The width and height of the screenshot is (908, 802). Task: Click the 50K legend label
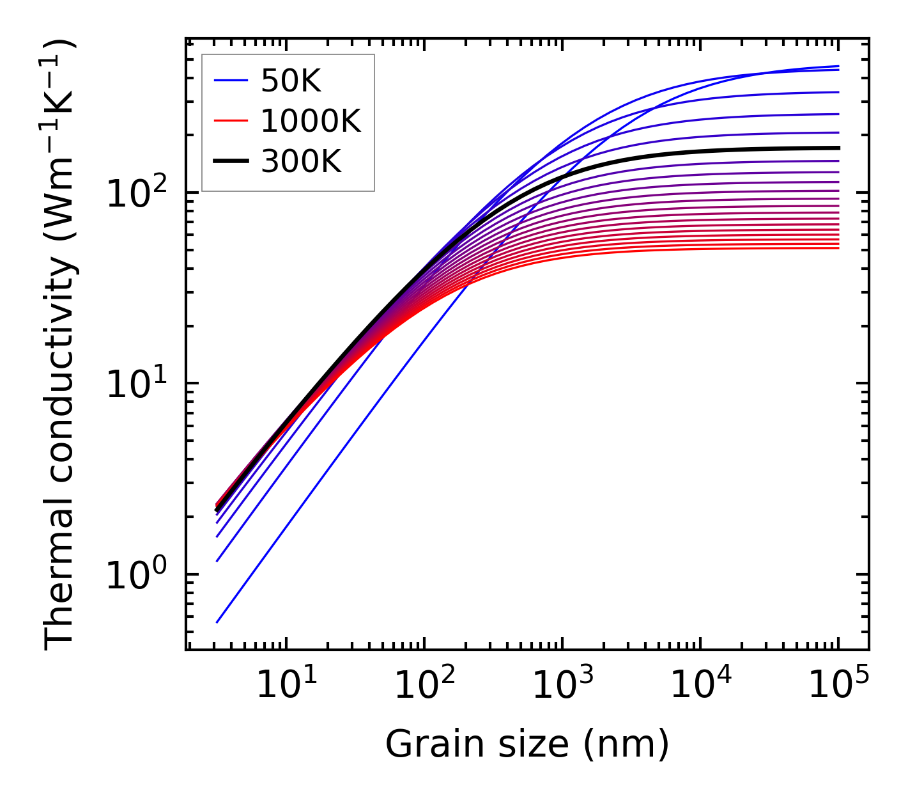coord(291,81)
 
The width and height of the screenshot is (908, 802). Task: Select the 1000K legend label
coord(311,121)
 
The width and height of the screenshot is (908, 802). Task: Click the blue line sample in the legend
coord(231,81)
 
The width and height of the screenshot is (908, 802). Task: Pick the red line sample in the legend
coord(231,121)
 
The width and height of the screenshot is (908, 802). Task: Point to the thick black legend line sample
coord(231,161)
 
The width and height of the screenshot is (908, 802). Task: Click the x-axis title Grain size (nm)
coord(527,744)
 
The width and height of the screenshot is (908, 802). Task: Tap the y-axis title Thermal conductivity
coord(60,344)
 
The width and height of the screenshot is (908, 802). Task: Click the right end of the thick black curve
coord(838,148)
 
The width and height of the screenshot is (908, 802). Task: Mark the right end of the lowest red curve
coord(838,248)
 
